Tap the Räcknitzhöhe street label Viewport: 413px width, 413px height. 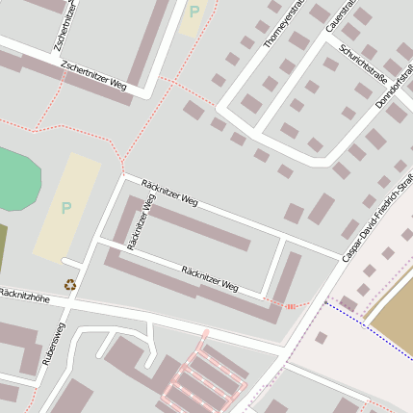tap(24, 293)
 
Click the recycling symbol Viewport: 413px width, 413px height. tap(70, 284)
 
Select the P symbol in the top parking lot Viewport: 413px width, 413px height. tap(194, 13)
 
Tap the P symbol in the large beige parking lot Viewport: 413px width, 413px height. tap(66, 207)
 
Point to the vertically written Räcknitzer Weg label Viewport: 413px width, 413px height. tap(141, 221)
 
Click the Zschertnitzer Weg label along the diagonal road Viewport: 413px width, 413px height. tap(92, 76)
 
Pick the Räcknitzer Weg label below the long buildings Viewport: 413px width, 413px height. tap(209, 279)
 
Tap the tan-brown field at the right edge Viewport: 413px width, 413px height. tap(395, 308)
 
